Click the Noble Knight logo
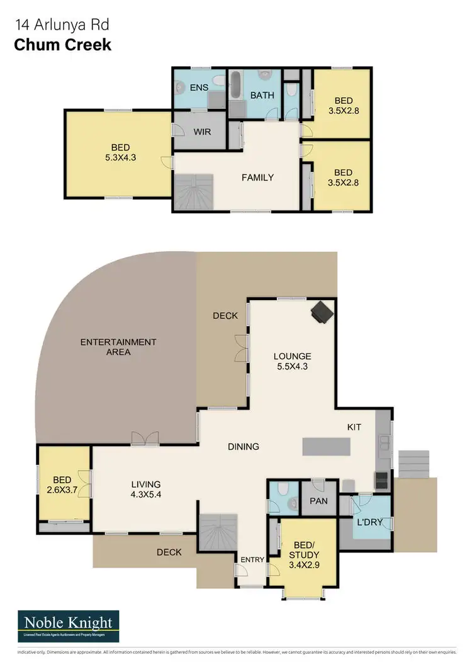point(69,625)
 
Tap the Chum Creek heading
point(62,45)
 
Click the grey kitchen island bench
point(326,446)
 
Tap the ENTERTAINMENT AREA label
point(118,347)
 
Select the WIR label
point(202,132)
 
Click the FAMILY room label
point(258,177)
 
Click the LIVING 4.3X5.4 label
point(146,490)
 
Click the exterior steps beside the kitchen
point(413,464)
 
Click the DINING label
point(244,447)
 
